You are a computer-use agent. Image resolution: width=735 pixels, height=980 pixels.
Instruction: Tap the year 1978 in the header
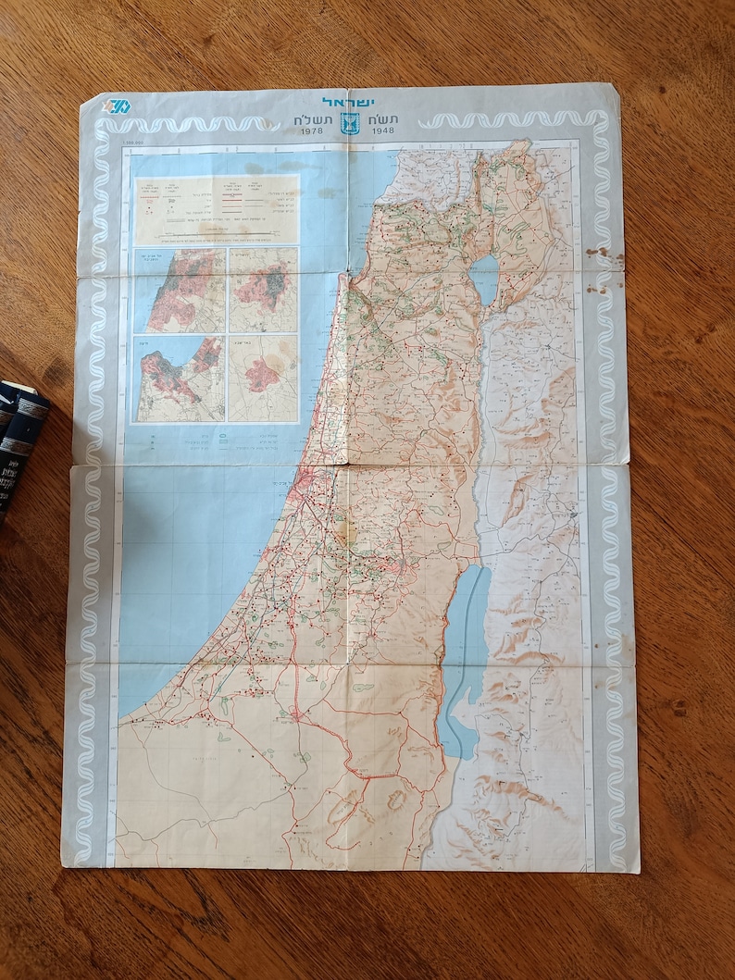[314, 132]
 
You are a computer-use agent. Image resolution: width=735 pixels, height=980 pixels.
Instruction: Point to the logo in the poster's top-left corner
[118, 105]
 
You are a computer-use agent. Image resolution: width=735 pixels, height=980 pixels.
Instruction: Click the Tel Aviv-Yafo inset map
[180, 291]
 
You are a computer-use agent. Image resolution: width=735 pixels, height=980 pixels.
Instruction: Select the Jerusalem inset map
[264, 291]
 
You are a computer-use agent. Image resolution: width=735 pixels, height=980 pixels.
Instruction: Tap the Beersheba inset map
[264, 378]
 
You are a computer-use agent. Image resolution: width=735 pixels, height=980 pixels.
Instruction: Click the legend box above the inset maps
[216, 210]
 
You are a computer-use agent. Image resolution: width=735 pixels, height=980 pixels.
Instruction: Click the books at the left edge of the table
[20, 435]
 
